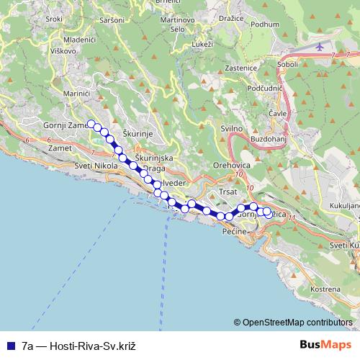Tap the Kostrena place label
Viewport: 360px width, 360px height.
[325, 289]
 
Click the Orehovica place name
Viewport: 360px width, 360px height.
[230, 165]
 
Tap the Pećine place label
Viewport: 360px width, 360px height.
[235, 232]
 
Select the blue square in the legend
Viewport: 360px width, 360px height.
[12, 346]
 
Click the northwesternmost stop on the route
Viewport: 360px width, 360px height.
[91, 123]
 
